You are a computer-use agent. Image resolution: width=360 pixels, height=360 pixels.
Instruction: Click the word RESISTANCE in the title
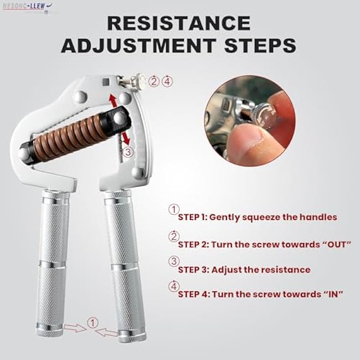tap(179, 23)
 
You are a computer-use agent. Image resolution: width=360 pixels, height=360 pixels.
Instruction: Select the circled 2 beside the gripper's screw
tap(155, 81)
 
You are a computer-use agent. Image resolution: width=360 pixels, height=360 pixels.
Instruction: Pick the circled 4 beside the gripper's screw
tap(167, 81)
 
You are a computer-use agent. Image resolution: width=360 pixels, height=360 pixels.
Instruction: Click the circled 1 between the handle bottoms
tap(92, 322)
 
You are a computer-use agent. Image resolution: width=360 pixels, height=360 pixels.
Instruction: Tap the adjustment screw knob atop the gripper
tap(137, 81)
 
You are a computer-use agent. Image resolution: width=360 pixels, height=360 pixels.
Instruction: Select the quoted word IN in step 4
tap(330, 295)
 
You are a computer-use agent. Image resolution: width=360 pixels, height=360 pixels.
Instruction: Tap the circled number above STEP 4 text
tap(174, 286)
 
